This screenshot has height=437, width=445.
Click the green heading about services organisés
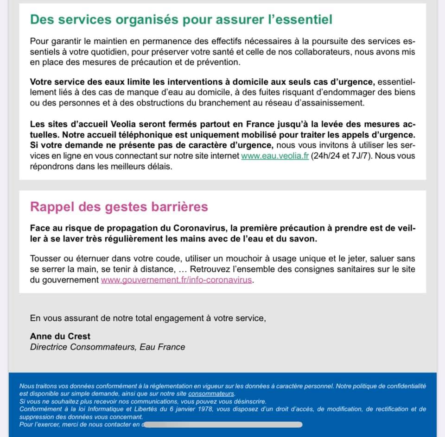[x=181, y=19]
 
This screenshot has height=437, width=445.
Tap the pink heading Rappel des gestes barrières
[x=119, y=206]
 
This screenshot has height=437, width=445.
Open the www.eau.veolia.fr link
[x=275, y=156]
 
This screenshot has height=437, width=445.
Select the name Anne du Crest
[x=60, y=336]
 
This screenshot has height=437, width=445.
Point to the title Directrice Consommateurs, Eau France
[x=108, y=347]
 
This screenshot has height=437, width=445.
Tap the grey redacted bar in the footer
[x=222, y=424]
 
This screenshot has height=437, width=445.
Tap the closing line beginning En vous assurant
[x=148, y=318]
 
